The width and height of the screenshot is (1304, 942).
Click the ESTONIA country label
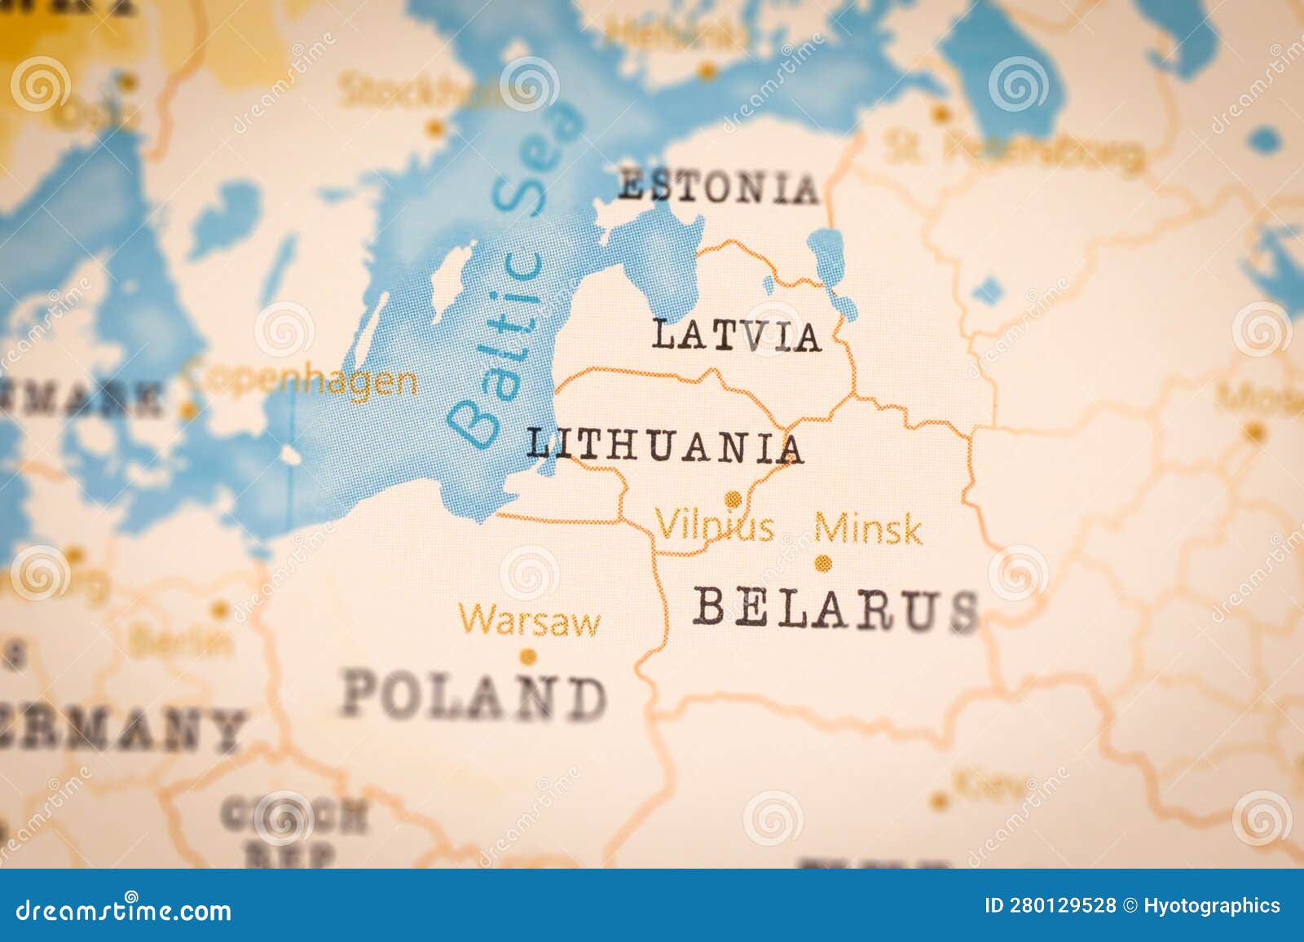tap(717, 188)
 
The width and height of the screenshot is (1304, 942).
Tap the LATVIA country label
tap(736, 336)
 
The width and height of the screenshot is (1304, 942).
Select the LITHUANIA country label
tap(664, 447)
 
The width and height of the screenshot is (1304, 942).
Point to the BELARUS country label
tap(835, 609)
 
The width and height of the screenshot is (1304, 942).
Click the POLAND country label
tap(474, 698)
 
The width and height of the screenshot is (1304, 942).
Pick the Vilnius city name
tap(715, 526)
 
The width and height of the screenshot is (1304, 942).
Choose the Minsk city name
tap(868, 530)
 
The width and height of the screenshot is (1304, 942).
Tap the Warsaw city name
tap(529, 621)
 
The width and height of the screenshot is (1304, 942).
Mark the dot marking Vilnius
tap(733, 499)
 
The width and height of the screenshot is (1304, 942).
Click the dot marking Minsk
tap(823, 562)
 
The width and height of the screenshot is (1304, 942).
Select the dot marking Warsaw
tap(528, 656)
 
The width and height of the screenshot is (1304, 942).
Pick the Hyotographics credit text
tap(1211, 906)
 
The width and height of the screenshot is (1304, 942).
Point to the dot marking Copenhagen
tap(188, 411)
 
